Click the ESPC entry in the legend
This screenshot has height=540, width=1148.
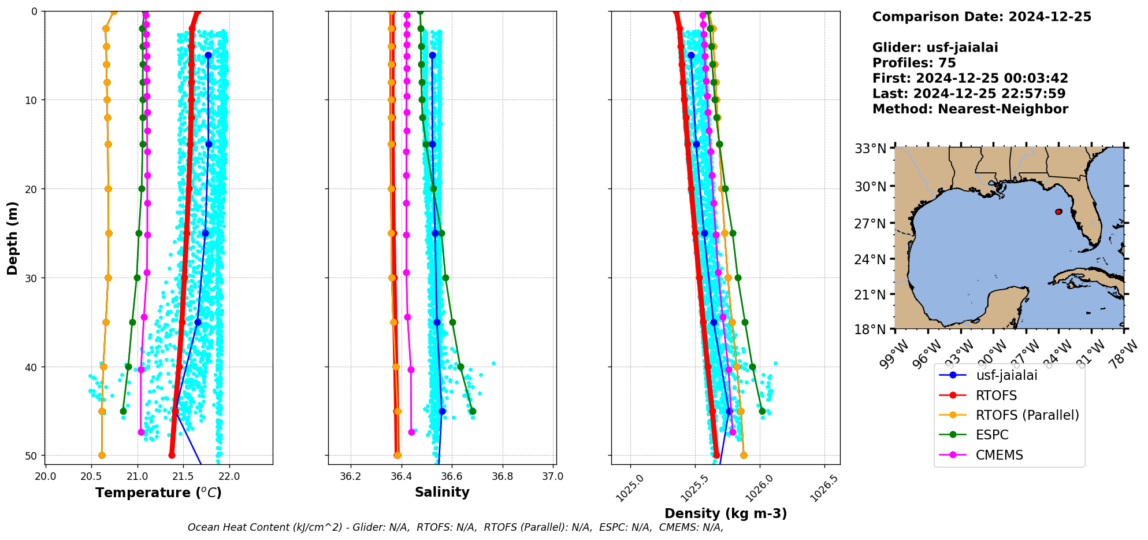pos(992,435)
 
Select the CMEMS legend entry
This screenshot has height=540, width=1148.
pos(999,455)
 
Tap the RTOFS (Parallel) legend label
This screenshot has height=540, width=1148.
pos(1027,415)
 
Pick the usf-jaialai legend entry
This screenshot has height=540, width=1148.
pos(1006,375)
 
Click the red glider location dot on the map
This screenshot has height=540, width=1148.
pos(1058,212)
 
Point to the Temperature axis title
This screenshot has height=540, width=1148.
pos(158,493)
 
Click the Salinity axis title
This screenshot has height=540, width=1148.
pos(442,492)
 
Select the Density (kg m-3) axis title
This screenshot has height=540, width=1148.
pos(726,513)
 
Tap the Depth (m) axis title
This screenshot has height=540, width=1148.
pos(13,238)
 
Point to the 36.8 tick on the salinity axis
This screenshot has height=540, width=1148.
pos(502,476)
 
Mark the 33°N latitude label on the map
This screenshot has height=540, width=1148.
pos(870,149)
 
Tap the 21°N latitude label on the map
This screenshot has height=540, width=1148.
pos(870,295)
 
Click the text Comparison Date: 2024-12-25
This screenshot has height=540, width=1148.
pos(982,17)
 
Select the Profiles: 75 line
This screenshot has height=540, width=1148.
pos(914,63)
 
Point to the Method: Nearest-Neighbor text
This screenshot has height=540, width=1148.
pos(970,109)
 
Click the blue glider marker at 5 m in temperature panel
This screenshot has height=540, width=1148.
pos(208,55)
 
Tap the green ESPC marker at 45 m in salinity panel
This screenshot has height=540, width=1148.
pos(473,411)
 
